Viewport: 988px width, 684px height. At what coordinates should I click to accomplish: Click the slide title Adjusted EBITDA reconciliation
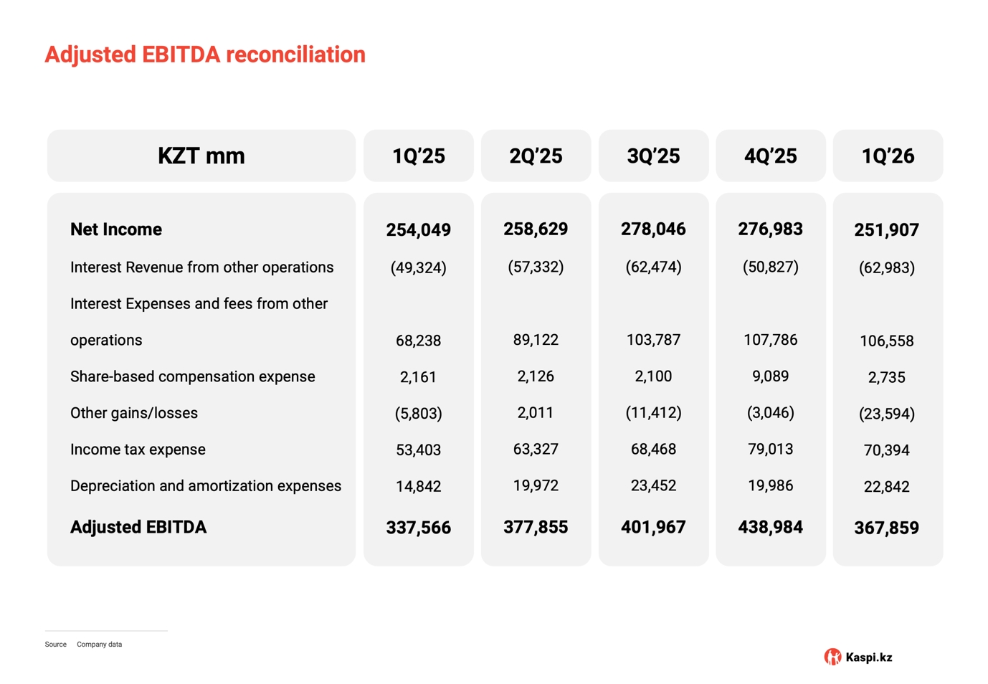click(x=205, y=54)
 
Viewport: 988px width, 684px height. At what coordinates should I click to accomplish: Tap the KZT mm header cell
click(x=201, y=156)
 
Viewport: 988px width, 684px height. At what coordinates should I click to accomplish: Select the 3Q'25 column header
click(x=653, y=156)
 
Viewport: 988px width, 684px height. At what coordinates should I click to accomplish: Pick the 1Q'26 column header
click(x=888, y=156)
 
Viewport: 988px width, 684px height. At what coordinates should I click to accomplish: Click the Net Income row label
click(x=116, y=229)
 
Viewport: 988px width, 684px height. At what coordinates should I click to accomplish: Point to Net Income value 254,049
click(x=419, y=229)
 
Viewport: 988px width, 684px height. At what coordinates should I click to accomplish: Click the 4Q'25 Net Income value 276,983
click(x=771, y=229)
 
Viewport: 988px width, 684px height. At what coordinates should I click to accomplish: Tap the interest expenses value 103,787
click(x=653, y=340)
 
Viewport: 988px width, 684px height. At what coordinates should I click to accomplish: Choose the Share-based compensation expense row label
click(x=193, y=376)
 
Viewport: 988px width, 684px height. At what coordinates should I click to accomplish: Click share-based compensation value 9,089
click(x=771, y=376)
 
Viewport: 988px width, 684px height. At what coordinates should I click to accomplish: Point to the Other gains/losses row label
click(x=134, y=413)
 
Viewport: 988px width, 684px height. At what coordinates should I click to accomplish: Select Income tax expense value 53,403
click(x=419, y=450)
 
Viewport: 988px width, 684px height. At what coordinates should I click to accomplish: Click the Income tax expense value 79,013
click(x=771, y=449)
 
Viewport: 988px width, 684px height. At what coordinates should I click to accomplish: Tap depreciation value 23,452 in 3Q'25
click(x=653, y=485)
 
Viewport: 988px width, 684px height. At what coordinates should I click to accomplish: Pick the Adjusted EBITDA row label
click(x=138, y=527)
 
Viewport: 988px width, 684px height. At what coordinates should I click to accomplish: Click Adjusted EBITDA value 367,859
click(x=887, y=528)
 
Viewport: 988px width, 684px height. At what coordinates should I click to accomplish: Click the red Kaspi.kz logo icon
click(x=832, y=657)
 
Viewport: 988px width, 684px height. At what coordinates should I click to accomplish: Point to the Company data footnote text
click(x=99, y=645)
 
